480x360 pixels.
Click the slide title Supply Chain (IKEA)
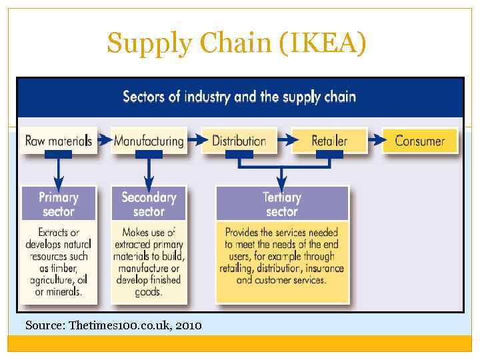point(237,44)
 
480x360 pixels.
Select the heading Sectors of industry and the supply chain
point(239,97)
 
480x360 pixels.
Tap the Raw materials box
point(58,141)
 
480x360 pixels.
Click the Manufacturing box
point(149,141)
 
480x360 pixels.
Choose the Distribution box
point(239,141)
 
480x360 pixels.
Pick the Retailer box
point(329,141)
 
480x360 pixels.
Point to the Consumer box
point(419,141)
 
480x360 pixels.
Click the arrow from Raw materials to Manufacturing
point(104,141)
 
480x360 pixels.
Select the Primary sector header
point(59,204)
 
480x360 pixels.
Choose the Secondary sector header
point(149,204)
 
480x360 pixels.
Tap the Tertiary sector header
point(282,204)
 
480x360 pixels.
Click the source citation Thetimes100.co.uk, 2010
point(113,325)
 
